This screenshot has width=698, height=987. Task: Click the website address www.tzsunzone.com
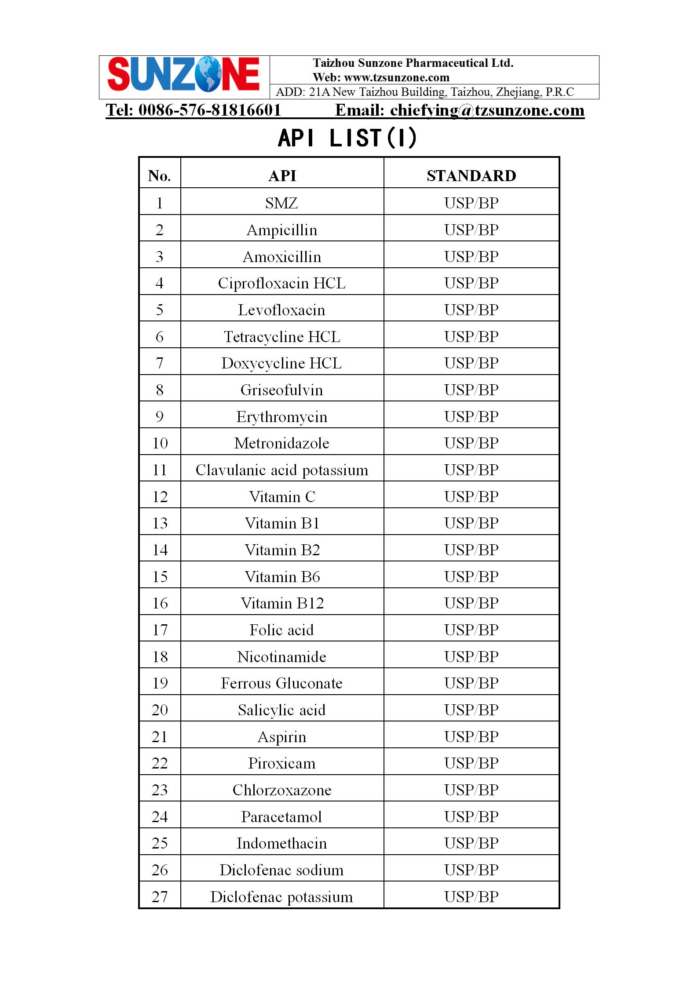396,78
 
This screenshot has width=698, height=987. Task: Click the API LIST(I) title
347,138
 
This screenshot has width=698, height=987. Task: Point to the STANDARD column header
471,176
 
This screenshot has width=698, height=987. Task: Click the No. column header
160,176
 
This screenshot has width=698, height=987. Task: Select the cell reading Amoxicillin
282,257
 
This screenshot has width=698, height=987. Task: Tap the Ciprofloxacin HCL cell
282,283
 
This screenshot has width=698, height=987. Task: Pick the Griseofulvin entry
282,390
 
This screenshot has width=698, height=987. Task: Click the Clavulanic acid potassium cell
282,470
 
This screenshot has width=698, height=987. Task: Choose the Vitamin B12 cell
282,603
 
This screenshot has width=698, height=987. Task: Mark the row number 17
160,630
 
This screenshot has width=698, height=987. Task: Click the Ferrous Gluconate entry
282,683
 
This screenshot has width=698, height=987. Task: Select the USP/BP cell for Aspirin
471,736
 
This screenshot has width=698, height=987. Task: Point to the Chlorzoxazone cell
282,790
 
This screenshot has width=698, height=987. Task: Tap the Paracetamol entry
282,817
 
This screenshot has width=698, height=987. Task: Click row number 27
160,897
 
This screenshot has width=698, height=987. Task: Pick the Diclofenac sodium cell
282,870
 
